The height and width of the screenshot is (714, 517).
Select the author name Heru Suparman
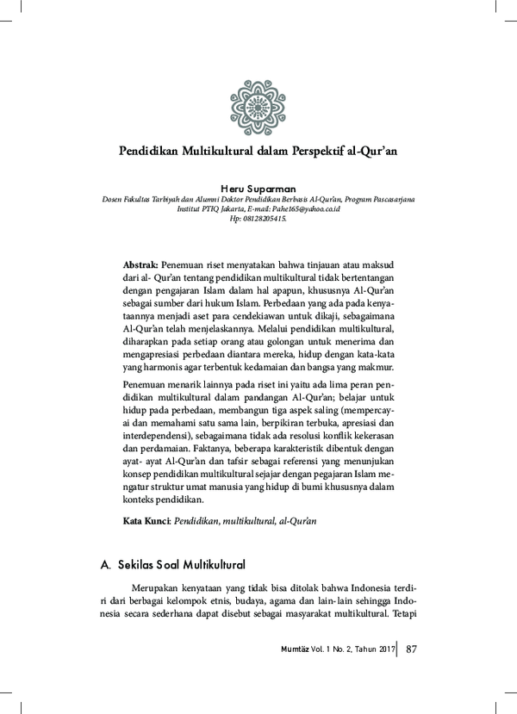(258, 188)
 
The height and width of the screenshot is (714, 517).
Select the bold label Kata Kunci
(147, 521)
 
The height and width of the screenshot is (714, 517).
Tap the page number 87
(411, 648)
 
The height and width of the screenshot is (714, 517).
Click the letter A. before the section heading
(106, 565)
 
